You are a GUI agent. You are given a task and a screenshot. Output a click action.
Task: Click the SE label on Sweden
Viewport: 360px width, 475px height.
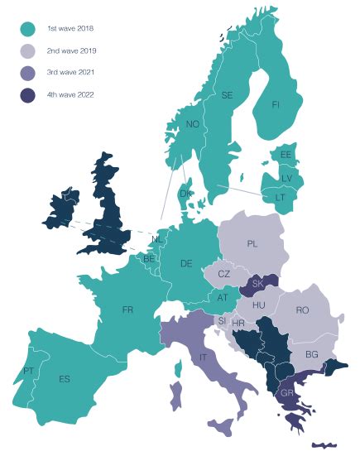point(227,95)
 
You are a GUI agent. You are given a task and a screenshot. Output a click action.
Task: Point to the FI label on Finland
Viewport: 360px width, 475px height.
point(277,105)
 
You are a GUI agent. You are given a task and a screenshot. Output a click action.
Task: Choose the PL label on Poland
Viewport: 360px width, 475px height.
point(253,244)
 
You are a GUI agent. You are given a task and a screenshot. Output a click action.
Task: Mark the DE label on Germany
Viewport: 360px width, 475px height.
point(186,263)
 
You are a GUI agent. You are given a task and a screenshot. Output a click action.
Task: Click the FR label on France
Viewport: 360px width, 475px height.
point(127,309)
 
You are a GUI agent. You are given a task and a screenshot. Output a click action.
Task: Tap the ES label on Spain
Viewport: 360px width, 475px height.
point(65,379)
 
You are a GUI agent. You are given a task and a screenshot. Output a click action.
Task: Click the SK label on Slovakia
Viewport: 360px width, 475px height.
point(257,283)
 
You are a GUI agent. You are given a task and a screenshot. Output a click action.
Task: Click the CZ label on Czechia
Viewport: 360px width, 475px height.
point(223,274)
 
